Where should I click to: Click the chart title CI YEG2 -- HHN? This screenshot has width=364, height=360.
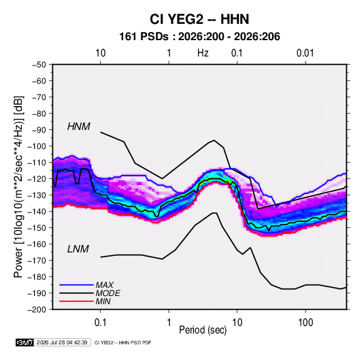(x=199, y=19)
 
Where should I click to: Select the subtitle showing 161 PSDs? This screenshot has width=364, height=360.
(x=199, y=37)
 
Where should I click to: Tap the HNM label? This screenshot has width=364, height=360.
(x=79, y=127)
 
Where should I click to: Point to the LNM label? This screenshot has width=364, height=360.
(x=78, y=249)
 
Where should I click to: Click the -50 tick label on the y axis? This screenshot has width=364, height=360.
(x=39, y=65)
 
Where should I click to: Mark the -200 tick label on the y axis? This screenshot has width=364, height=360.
(x=37, y=310)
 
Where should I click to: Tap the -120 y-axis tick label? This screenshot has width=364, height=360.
(x=37, y=179)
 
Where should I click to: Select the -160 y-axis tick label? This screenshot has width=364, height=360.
(x=37, y=244)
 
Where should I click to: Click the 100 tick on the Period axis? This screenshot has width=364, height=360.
(x=305, y=323)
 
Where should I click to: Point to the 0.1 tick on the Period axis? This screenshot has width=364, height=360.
(x=100, y=323)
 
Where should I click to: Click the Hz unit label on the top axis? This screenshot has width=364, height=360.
(x=203, y=53)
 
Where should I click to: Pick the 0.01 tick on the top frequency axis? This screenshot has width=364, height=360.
(x=305, y=53)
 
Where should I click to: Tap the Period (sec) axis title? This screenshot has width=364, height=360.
(x=203, y=330)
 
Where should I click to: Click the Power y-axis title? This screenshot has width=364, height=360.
(x=18, y=187)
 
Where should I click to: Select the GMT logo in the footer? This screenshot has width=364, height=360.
(x=24, y=342)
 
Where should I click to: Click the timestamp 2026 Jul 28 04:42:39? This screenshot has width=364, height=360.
(x=62, y=342)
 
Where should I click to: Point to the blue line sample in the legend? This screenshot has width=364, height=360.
(x=76, y=285)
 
